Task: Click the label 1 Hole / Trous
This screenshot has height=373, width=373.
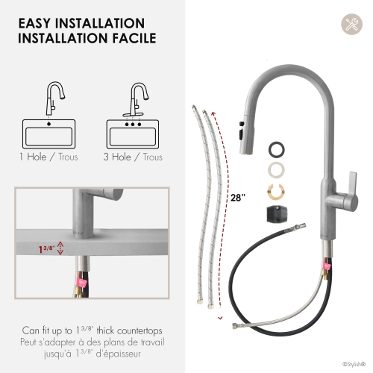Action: [x=50, y=157]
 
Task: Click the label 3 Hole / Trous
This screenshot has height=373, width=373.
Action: [x=135, y=157]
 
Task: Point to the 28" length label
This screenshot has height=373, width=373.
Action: [x=237, y=198]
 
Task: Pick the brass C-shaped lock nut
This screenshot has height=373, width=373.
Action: [x=277, y=191]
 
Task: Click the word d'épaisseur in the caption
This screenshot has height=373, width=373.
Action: [x=119, y=354]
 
